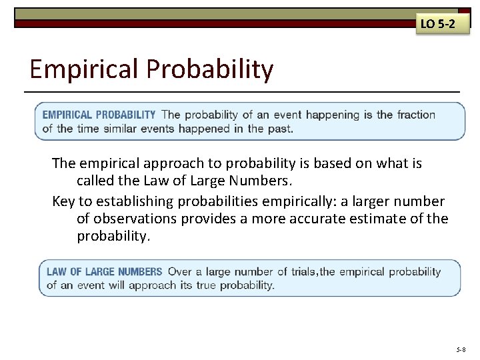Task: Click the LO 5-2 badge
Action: coord(437,25)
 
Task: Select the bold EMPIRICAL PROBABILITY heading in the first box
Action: coord(99,115)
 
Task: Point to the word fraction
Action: coord(416,115)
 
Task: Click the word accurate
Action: coord(312,219)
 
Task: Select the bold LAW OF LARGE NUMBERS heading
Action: coord(104,271)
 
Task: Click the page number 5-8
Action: coord(461,349)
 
